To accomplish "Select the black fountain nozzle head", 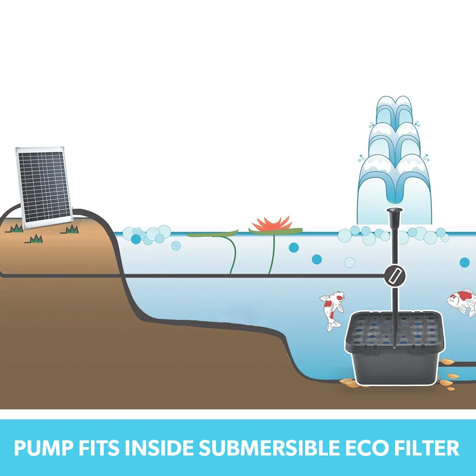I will (x=395, y=218).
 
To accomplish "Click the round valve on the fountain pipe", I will (x=395, y=276).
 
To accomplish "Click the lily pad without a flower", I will (x=212, y=233).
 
